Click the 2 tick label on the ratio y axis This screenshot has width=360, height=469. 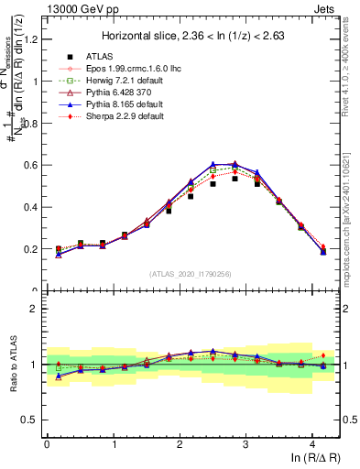pyautogui.click(x=36, y=309)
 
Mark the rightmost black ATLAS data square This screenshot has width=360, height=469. pyautogui.click(x=323, y=249)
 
